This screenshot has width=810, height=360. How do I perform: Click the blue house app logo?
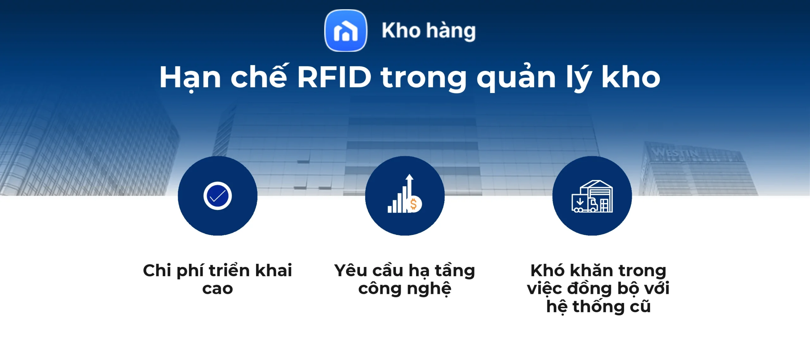pos(346,30)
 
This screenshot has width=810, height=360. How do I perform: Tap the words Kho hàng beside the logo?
pos(428,31)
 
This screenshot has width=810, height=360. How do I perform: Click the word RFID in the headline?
pos(334,77)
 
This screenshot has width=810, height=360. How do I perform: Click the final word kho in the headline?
pos(630,77)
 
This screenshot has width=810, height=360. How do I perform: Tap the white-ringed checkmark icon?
pos(217,196)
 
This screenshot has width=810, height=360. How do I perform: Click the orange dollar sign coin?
pos(414,204)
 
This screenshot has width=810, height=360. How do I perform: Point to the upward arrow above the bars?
pos(409,182)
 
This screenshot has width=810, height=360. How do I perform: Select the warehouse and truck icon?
pos(592,196)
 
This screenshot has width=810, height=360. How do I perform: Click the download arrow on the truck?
pos(580,202)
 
